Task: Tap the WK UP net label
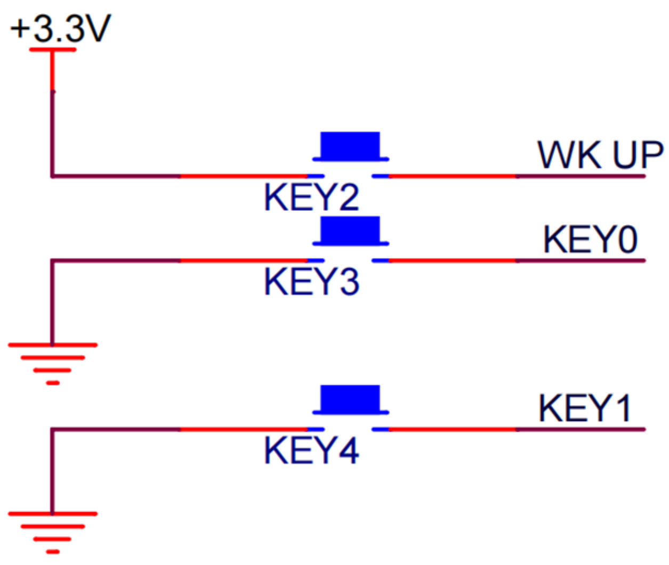600,155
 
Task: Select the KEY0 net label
590,240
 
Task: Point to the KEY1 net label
585,408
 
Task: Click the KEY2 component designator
311,197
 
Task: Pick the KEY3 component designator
311,282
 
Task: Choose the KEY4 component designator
311,451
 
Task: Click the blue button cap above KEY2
350,145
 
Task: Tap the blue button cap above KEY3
350,230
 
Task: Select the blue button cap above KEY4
350,399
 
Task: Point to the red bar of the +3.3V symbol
52,50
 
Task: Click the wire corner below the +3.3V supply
52,175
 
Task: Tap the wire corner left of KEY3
52,260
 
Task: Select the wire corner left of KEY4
52,429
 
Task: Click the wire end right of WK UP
644,176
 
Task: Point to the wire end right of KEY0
644,260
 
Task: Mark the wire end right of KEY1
644,429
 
